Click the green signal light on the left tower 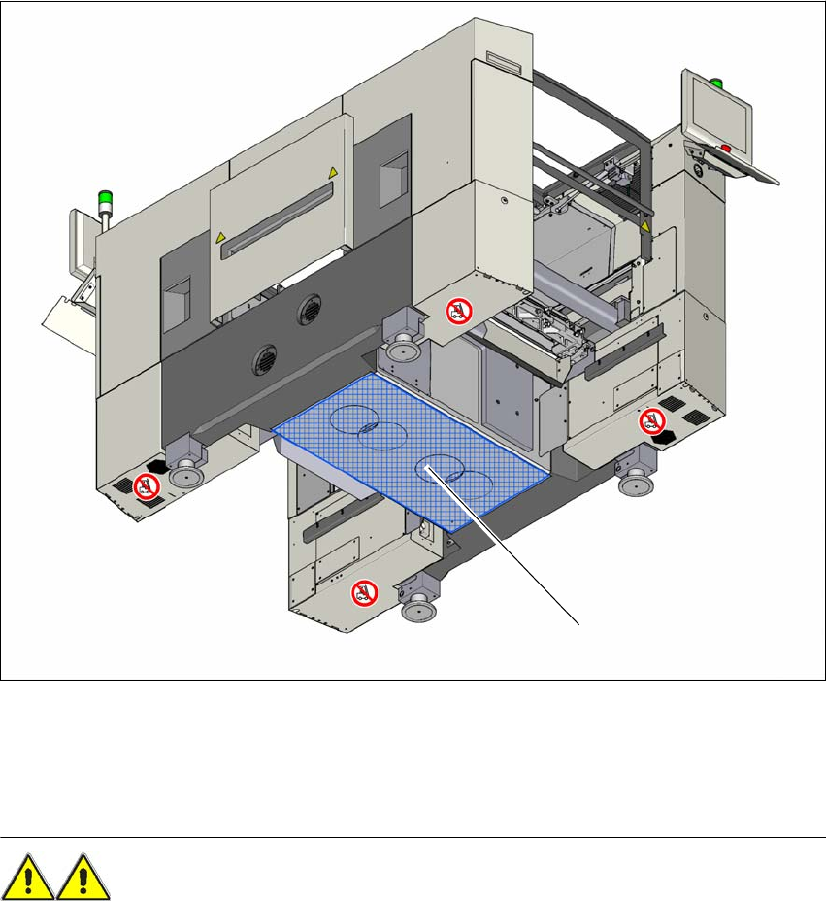coord(104,200)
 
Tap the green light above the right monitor coord(717,82)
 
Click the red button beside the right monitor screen coord(725,149)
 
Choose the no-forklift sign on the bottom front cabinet coord(363,591)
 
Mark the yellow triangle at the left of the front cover coord(220,236)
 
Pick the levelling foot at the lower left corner coord(182,475)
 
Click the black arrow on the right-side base coord(664,441)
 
